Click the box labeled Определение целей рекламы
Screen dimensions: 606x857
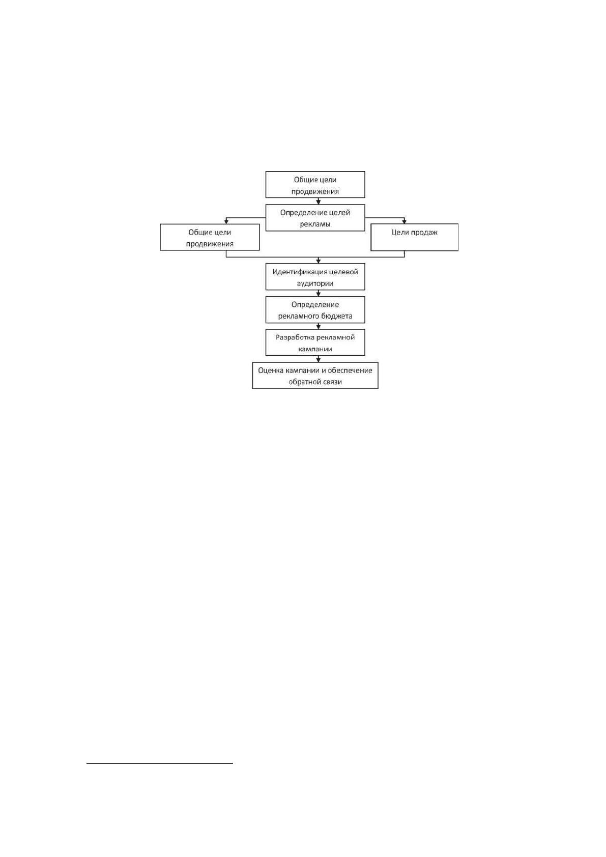click(315, 218)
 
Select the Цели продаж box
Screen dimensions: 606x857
click(414, 237)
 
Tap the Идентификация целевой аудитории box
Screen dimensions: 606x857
click(315, 277)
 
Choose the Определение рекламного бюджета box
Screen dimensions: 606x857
click(315, 309)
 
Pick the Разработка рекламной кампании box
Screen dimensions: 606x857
click(315, 342)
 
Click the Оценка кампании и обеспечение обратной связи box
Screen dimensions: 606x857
click(315, 376)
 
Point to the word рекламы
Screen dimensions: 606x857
click(315, 224)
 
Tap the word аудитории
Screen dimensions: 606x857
click(315, 283)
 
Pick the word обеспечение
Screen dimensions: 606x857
click(351, 370)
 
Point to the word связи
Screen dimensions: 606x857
click(332, 382)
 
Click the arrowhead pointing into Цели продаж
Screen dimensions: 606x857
click(405, 221)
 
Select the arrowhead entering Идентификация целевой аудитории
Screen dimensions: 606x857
click(319, 261)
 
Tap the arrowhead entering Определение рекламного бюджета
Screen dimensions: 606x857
click(319, 294)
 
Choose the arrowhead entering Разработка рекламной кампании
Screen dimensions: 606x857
click(319, 327)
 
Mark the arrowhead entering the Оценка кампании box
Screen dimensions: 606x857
click(319, 360)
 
